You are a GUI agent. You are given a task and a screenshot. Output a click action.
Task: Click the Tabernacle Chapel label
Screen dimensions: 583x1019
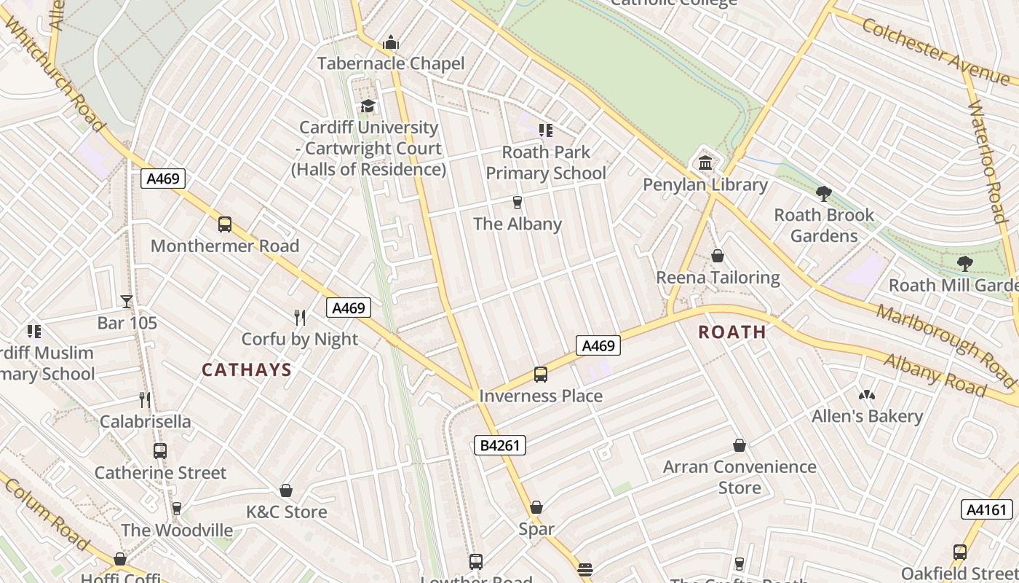(x=391, y=63)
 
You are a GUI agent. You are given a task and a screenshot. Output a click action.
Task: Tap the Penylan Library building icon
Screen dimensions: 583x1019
(x=705, y=163)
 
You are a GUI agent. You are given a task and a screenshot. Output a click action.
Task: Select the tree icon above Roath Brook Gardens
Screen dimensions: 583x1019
(x=824, y=193)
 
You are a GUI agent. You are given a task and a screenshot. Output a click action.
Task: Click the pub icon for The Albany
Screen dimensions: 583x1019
(x=518, y=202)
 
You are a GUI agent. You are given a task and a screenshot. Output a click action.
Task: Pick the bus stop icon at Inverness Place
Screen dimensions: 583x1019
(x=541, y=375)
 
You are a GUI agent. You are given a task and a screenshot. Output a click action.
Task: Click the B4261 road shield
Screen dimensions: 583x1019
(x=500, y=445)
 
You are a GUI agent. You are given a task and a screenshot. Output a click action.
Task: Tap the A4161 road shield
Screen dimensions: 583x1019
(x=986, y=509)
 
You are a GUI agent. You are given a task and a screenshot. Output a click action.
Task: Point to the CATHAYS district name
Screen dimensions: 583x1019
(x=247, y=370)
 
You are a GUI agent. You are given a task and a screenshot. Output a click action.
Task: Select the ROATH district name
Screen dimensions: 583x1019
(x=732, y=332)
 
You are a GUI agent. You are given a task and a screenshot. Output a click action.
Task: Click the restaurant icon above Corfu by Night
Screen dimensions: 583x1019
(x=299, y=317)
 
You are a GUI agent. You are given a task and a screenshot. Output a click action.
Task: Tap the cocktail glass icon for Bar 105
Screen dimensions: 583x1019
(x=127, y=301)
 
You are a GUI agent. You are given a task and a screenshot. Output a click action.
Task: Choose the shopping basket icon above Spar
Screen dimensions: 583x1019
(x=536, y=507)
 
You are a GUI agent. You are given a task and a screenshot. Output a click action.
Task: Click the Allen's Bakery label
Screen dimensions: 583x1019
(x=867, y=416)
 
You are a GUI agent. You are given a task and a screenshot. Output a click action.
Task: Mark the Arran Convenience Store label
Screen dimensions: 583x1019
(x=740, y=477)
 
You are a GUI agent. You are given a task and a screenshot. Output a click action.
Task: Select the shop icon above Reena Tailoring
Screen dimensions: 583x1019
(x=718, y=256)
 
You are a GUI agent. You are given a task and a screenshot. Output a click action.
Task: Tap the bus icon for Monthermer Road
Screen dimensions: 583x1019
(x=225, y=224)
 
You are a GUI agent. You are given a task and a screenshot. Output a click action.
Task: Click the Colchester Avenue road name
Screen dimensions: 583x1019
(x=935, y=50)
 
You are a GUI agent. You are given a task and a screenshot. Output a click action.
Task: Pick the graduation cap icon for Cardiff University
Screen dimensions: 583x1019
(x=368, y=106)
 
